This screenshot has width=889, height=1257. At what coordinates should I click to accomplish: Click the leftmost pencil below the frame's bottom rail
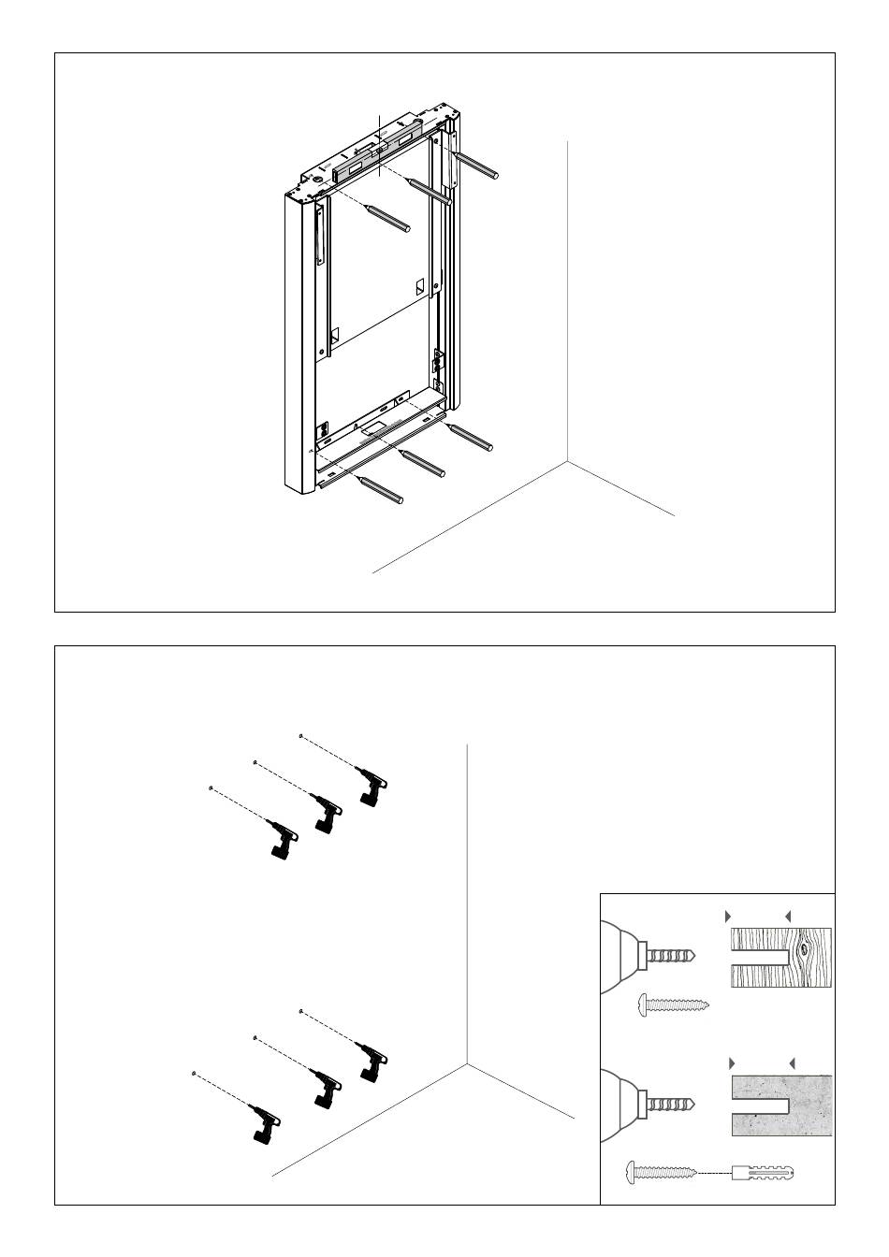(381, 490)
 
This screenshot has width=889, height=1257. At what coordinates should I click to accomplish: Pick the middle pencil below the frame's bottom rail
(423, 464)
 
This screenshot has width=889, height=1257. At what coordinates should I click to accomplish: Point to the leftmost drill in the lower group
(267, 1122)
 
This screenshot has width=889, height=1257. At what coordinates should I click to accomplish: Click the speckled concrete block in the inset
(781, 1105)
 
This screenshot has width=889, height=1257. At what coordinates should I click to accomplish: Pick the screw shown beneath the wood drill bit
(672, 1005)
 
